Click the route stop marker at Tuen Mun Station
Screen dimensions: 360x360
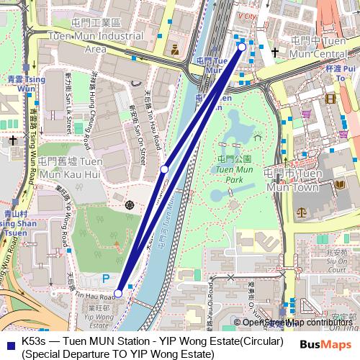pyautogui.click(x=242, y=47)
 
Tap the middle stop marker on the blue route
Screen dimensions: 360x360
pyautogui.click(x=165, y=168)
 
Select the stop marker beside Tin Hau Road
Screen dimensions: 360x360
pyautogui.click(x=118, y=293)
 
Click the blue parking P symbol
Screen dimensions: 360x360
pyautogui.click(x=107, y=277)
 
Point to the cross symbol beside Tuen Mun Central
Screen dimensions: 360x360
pyautogui.click(x=274, y=52)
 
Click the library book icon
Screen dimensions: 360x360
pyautogui.click(x=339, y=185)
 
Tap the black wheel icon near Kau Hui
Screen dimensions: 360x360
pyautogui.click(x=129, y=205)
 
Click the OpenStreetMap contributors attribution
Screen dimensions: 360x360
pyautogui.click(x=294, y=322)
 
